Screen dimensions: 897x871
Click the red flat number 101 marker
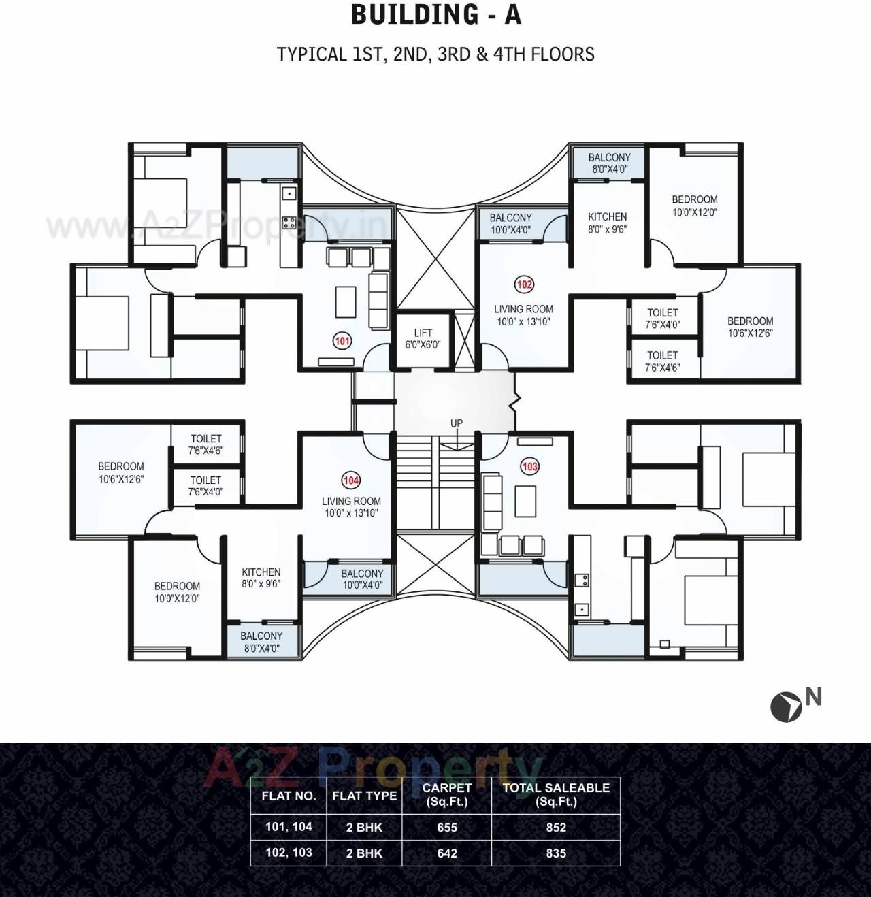click(342, 341)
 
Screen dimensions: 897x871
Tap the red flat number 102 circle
click(524, 284)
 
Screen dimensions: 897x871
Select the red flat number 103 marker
click(529, 466)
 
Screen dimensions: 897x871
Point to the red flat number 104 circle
click(351, 480)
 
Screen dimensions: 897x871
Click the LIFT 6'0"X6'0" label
click(423, 338)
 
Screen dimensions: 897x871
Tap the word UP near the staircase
click(457, 423)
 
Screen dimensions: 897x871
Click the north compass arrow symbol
click(785, 707)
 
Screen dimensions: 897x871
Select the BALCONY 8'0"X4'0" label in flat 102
click(609, 163)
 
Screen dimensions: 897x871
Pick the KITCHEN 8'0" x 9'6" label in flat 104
click(261, 578)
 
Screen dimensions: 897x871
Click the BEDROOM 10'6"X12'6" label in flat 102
click(750, 327)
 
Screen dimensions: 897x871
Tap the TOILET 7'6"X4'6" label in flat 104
click(206, 444)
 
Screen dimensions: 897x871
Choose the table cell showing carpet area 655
click(447, 828)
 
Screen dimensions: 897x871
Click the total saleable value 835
click(556, 853)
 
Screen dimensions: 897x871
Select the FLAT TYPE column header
click(364, 796)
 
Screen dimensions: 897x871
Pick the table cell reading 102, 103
click(289, 853)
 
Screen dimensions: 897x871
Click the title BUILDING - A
click(435, 15)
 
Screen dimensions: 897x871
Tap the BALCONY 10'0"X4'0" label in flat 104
click(362, 579)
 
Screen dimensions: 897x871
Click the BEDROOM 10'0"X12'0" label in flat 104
click(177, 592)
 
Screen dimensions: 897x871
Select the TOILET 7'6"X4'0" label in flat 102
click(663, 319)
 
